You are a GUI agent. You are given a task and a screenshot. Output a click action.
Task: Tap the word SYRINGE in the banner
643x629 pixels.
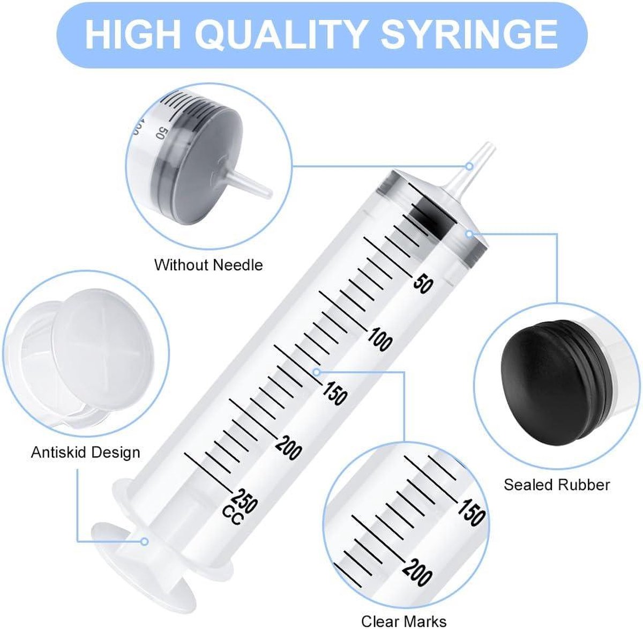[469, 34]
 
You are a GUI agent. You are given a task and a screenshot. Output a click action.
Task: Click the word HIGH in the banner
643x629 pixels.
[133, 34]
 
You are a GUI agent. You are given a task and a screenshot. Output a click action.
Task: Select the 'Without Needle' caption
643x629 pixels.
[208, 265]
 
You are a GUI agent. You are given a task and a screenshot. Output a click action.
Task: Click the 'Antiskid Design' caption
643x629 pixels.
[86, 452]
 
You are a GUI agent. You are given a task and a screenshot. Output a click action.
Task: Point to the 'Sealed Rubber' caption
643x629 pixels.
[557, 485]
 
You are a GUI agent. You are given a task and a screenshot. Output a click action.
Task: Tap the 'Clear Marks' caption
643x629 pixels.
[404, 621]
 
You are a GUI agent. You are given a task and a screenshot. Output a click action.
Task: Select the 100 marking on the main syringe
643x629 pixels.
[379, 339]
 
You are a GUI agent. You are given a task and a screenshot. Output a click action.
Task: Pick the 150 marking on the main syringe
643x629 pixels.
[335, 394]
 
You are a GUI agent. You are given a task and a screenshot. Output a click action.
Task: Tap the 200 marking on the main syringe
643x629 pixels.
[288, 448]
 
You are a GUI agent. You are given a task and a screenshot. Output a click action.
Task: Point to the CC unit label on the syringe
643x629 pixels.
[233, 515]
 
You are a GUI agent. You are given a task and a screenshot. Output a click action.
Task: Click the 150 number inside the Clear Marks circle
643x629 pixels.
[471, 512]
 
